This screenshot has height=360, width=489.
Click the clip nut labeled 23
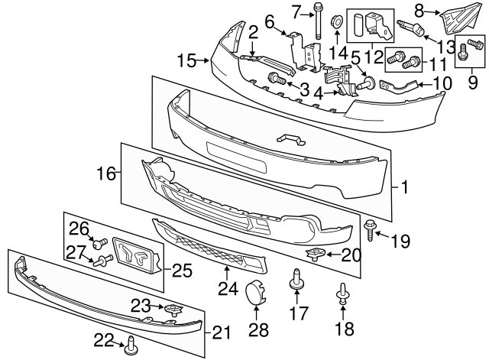point(173,309)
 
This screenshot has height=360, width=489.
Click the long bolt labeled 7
point(317,23)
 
